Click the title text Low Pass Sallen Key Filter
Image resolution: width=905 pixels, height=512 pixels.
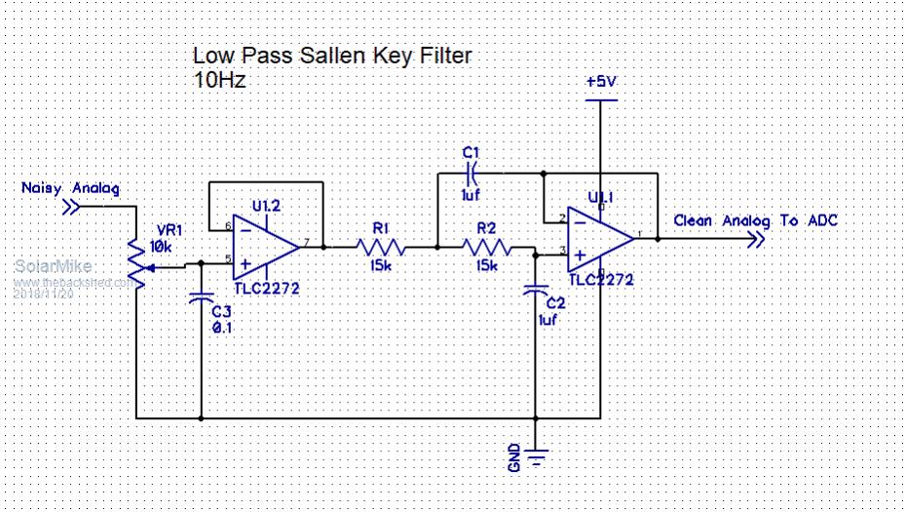coord(331,56)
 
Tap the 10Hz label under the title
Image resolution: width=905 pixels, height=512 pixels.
coord(219,80)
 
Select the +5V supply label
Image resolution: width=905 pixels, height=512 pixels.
coord(601,83)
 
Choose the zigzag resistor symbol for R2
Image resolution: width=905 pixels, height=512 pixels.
coord(486,247)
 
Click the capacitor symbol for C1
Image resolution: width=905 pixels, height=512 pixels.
coord(471,174)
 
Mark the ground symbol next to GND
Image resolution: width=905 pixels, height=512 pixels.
coord(535,454)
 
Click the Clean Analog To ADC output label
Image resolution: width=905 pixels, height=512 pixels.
coord(755,221)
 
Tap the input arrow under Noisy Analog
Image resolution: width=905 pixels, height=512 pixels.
coord(71,206)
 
